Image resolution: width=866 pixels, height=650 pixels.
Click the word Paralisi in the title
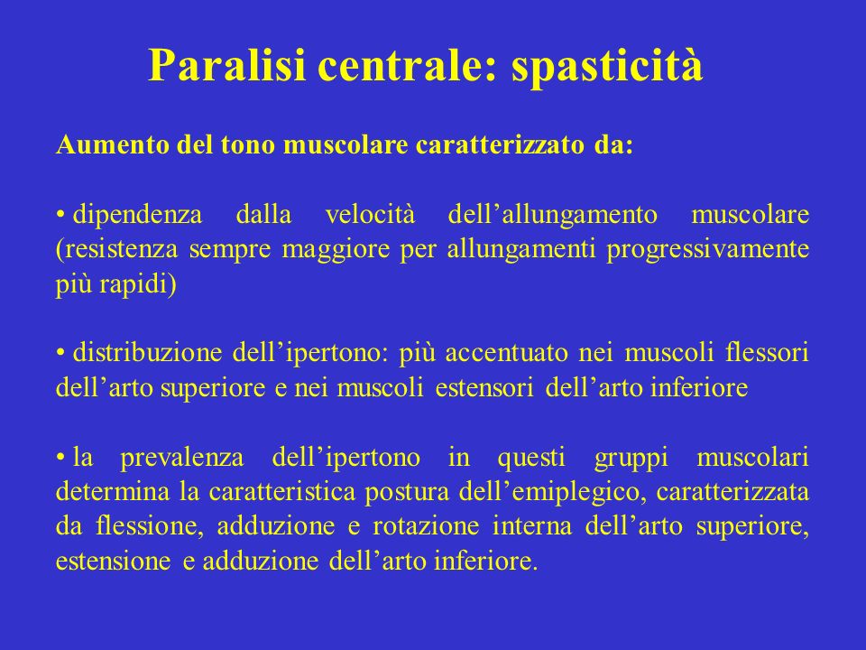coord(226,65)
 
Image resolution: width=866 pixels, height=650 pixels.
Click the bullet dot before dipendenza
coord(61,215)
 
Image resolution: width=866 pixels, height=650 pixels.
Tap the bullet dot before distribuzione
coord(61,353)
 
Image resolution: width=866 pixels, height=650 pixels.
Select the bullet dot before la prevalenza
coord(61,458)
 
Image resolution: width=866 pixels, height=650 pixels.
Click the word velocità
coord(370,215)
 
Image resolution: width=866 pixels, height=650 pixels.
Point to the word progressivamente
coord(707,250)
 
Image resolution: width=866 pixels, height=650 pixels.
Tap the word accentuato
coord(506,353)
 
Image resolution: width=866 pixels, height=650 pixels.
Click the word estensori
coord(484,387)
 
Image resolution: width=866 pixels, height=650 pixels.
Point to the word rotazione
coord(426,525)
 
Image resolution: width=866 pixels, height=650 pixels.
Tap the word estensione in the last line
coord(114,561)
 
